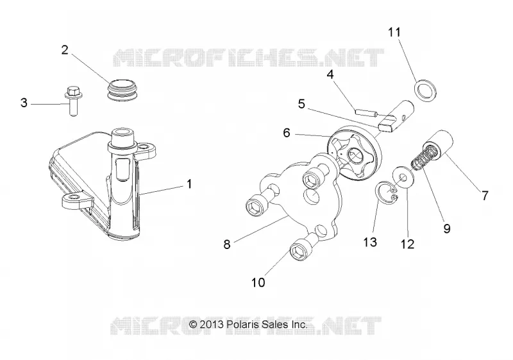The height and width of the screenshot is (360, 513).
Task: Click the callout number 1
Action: [x=189, y=184]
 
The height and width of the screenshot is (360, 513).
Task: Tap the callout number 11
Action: [x=394, y=32]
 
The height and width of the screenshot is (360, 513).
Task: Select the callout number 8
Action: [x=227, y=244]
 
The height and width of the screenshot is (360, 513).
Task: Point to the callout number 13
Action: [x=370, y=242]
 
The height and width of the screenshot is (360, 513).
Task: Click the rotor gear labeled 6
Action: [x=355, y=153]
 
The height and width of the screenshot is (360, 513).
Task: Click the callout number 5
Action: [x=301, y=104]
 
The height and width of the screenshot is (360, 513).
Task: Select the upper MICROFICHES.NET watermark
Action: [x=249, y=58]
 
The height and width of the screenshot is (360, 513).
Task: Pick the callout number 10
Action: [x=258, y=282]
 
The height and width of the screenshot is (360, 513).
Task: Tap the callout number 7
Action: [x=485, y=196]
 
